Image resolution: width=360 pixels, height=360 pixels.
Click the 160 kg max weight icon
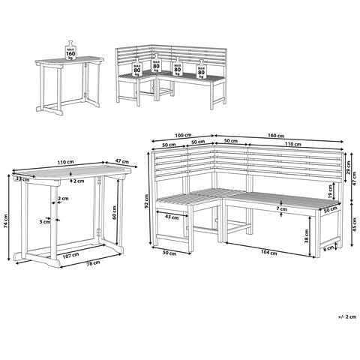click(x=70, y=50)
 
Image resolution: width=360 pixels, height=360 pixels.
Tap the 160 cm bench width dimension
click(x=276, y=136)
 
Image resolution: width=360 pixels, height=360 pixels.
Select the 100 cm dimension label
click(x=183, y=135)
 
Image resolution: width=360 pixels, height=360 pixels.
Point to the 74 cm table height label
click(x=6, y=221)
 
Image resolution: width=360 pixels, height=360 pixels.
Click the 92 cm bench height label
click(x=147, y=201)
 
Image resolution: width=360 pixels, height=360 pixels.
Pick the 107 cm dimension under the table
click(x=70, y=256)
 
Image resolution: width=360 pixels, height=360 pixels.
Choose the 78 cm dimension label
click(x=93, y=263)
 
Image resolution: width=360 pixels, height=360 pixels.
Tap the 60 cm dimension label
click(x=115, y=212)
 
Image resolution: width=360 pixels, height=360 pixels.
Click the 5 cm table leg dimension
click(x=45, y=221)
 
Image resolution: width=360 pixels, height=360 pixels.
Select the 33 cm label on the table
click(x=22, y=179)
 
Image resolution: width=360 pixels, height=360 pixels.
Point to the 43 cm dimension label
click(x=172, y=217)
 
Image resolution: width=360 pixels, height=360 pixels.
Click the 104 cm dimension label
click(x=269, y=253)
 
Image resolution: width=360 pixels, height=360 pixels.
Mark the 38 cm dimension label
click(x=307, y=236)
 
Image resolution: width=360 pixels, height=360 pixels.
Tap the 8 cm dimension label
click(x=328, y=248)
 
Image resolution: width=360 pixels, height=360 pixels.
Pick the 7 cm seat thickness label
click(x=282, y=209)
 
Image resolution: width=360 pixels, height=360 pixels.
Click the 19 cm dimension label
click(x=330, y=191)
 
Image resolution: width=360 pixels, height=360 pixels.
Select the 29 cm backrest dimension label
click(x=349, y=167)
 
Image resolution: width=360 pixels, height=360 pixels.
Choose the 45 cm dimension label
click(x=354, y=224)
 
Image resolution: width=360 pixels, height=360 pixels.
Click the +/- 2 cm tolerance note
click(x=347, y=317)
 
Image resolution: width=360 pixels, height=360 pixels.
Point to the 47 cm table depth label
click(x=122, y=161)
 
